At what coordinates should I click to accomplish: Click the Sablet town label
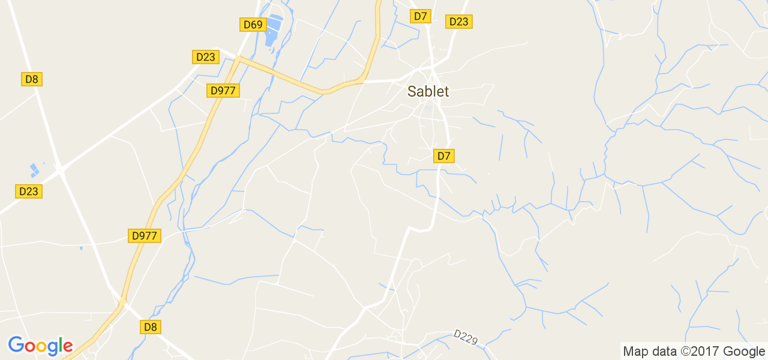pyautogui.click(x=428, y=91)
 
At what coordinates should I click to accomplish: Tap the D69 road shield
pyautogui.click(x=253, y=25)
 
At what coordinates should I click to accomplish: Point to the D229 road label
pyautogui.click(x=466, y=337)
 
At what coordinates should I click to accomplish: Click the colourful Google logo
pyautogui.click(x=40, y=346)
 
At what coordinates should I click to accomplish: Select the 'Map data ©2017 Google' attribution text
pyautogui.click(x=694, y=352)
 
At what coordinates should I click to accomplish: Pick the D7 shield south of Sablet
pyautogui.click(x=443, y=156)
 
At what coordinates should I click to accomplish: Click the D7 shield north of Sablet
pyautogui.click(x=421, y=16)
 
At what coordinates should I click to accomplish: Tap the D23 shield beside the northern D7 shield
pyautogui.click(x=458, y=22)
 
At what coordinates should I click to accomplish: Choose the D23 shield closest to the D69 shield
pyautogui.click(x=205, y=57)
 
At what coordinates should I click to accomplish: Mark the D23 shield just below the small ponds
pyautogui.click(x=28, y=191)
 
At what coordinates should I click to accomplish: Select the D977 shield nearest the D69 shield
pyautogui.click(x=223, y=91)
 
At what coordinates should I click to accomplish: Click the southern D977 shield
pyautogui.click(x=144, y=236)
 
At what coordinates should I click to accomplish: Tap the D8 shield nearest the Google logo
pyautogui.click(x=150, y=327)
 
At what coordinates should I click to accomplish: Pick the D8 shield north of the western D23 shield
pyautogui.click(x=32, y=79)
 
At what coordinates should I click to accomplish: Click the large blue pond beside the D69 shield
pyautogui.click(x=274, y=29)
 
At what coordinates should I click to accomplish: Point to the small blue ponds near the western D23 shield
pyautogui.click(x=34, y=170)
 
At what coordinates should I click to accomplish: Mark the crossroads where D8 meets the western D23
pyautogui.click(x=61, y=171)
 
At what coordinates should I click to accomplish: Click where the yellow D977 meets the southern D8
pyautogui.click(x=123, y=301)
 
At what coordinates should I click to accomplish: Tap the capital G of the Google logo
pyautogui.click(x=16, y=345)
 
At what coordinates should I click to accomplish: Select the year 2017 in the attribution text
pyautogui.click(x=709, y=352)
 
